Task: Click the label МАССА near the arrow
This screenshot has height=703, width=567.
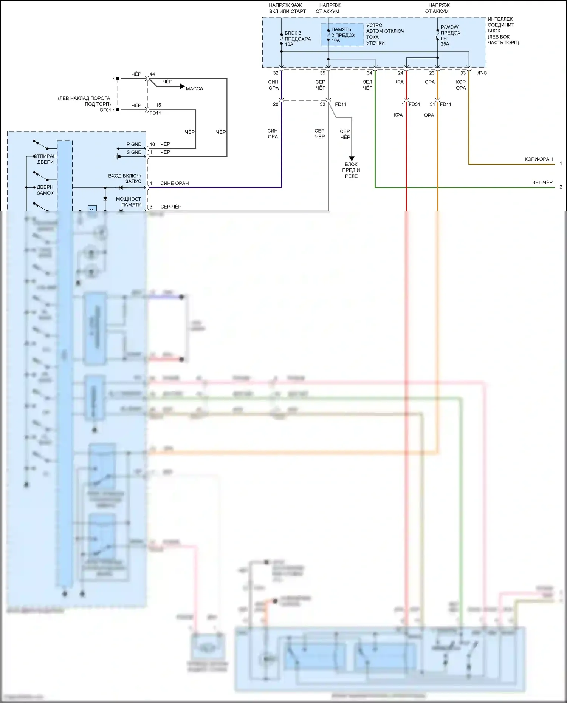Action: click(194, 89)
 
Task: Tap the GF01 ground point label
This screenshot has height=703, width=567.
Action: click(105, 110)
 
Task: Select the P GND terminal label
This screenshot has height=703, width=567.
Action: click(134, 144)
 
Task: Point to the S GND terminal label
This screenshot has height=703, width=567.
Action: click(134, 152)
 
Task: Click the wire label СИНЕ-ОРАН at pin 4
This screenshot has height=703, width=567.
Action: click(174, 183)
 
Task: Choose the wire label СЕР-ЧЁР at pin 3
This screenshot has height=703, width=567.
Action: click(171, 207)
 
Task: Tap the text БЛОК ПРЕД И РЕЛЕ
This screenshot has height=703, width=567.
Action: click(351, 170)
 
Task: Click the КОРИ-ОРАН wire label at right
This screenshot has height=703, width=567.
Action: click(538, 159)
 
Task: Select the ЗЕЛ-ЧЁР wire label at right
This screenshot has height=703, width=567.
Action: click(542, 182)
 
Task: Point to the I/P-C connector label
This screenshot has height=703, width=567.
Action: click(482, 73)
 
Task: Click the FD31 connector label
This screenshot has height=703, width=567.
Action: click(414, 104)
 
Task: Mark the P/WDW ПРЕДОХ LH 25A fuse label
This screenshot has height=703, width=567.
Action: click(450, 36)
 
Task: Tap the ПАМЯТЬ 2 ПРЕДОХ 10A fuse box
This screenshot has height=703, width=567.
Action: click(342, 35)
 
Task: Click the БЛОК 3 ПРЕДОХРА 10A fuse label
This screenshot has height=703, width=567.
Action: click(297, 39)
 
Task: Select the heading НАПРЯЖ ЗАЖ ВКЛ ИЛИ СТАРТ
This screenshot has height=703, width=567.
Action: click(287, 8)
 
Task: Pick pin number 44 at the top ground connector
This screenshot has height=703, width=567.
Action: click(152, 74)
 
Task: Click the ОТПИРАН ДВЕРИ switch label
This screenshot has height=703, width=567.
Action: click(46, 159)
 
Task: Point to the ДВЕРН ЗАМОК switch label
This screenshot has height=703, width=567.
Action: click(45, 190)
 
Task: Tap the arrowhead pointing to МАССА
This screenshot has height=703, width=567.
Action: click(182, 87)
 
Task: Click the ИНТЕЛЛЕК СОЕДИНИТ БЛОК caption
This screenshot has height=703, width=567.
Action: click(503, 31)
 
